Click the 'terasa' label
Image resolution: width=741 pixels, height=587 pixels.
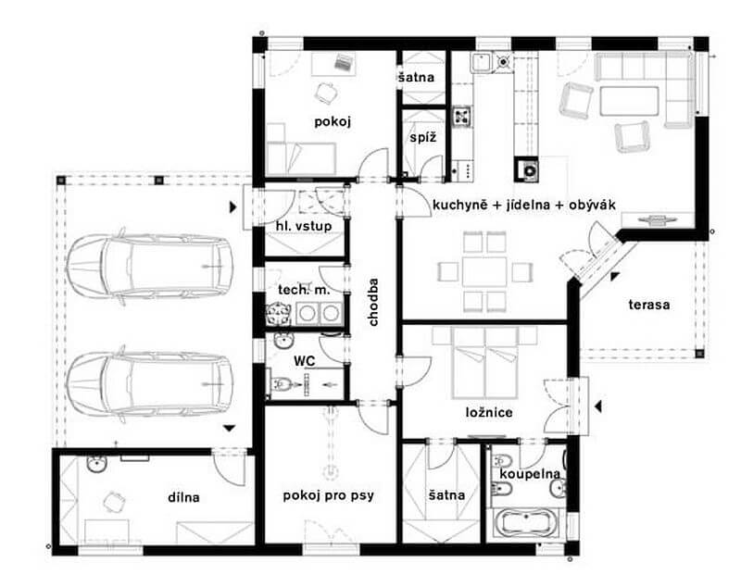[x=649, y=305]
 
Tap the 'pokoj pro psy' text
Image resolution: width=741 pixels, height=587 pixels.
[x=329, y=496]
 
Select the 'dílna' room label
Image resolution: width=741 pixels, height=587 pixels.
[x=183, y=497]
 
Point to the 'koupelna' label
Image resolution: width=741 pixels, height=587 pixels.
[x=530, y=474]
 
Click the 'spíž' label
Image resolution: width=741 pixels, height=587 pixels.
[x=423, y=138]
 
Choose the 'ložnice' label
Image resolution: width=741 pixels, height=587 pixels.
[x=489, y=412]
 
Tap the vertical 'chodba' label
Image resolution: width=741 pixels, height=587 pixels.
[x=373, y=302]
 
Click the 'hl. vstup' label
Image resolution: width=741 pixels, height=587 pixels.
[x=304, y=226]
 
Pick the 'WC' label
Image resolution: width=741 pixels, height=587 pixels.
[x=305, y=361]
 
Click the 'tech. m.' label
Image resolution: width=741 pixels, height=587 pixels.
[x=304, y=290]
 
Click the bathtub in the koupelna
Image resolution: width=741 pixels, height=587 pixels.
[x=525, y=522]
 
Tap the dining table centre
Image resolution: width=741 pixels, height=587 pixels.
[x=484, y=271]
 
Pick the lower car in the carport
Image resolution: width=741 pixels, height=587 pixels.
[x=150, y=384]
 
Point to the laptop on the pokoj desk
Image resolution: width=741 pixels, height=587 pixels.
[x=344, y=62]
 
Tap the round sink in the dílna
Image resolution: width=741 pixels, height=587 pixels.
[x=96, y=464]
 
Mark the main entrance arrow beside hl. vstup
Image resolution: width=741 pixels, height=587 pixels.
[x=232, y=206]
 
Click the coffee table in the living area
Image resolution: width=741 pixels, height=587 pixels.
[x=629, y=101]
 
